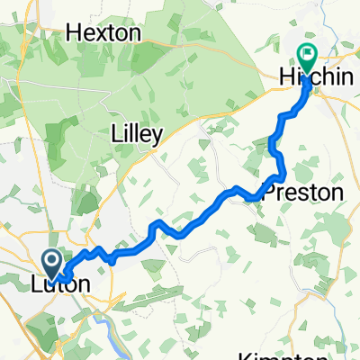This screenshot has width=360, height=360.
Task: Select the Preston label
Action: [x=302, y=193]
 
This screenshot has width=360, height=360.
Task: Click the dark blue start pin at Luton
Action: [x=52, y=263]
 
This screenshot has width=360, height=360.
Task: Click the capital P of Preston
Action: [x=268, y=193]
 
